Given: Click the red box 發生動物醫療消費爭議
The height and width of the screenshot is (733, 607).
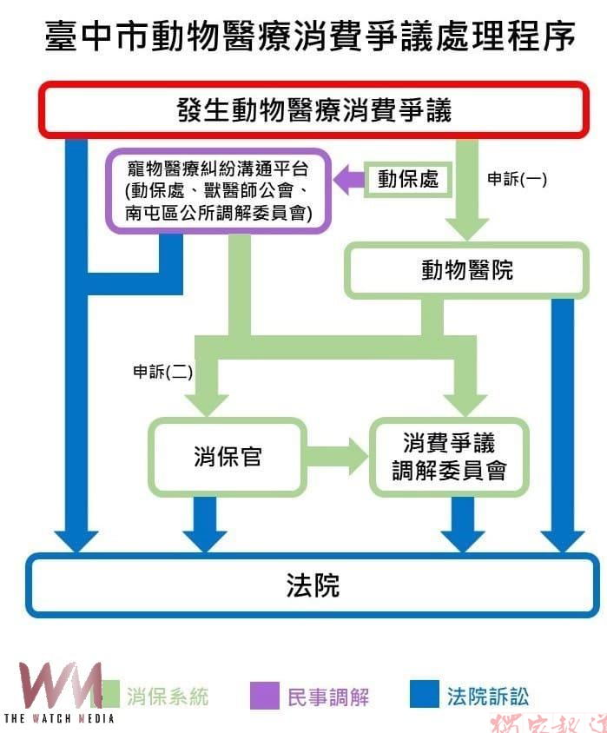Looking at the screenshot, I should click(x=313, y=110).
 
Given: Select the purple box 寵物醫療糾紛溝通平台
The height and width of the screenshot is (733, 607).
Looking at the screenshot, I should click(x=218, y=191).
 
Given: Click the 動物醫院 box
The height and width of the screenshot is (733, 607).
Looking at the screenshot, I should click(x=466, y=270).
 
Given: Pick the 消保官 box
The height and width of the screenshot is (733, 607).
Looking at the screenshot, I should click(x=228, y=457).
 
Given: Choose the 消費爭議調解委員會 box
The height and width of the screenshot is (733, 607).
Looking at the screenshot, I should click(x=449, y=457).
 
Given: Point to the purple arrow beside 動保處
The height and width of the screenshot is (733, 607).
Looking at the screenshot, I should click(x=349, y=180).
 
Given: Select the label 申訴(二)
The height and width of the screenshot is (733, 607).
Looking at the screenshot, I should click(x=162, y=372).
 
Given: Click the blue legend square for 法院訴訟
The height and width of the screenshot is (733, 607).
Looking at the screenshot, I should click(x=424, y=695).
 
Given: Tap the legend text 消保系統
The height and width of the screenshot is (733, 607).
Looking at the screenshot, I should click(x=168, y=696).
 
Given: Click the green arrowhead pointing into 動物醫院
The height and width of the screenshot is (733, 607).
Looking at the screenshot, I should click(x=466, y=227).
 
